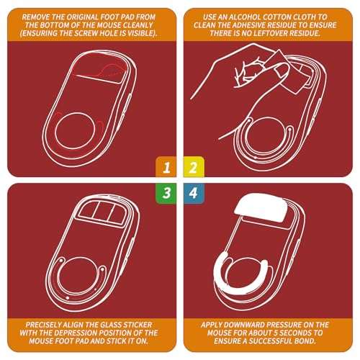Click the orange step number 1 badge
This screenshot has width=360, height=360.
click(166, 167)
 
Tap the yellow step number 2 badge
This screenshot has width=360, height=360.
click(194, 167)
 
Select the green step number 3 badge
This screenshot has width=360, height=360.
click(166, 193)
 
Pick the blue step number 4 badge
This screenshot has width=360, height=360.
click(194, 193)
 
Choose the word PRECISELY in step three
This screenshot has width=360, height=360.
click(43, 325)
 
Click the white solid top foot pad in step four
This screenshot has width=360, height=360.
click(261, 207)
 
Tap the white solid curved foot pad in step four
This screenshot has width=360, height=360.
click(240, 276)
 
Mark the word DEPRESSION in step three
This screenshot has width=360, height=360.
click(76, 333)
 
